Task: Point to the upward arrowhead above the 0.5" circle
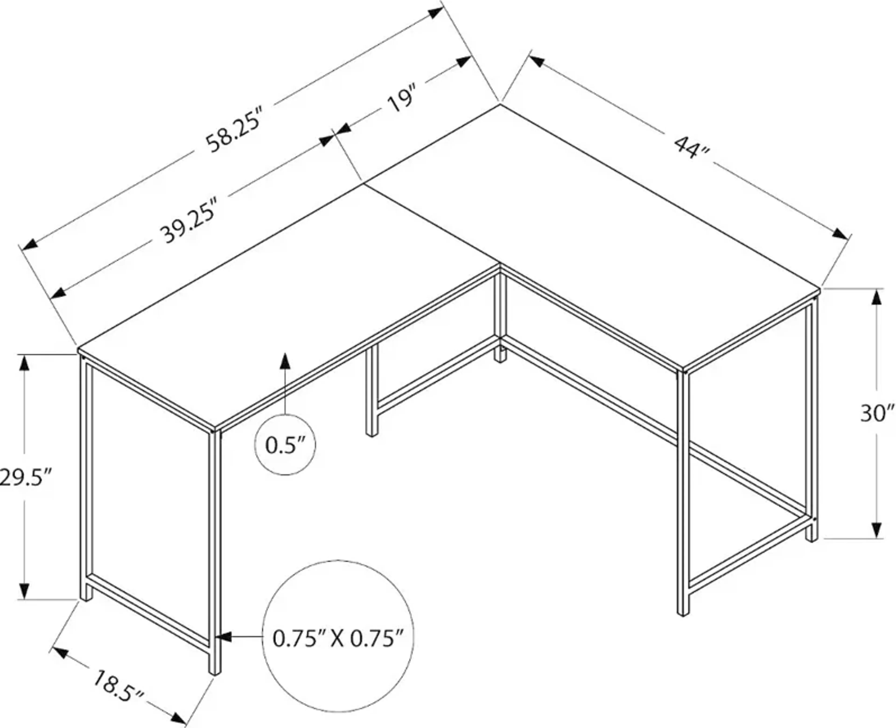tap(285, 361)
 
